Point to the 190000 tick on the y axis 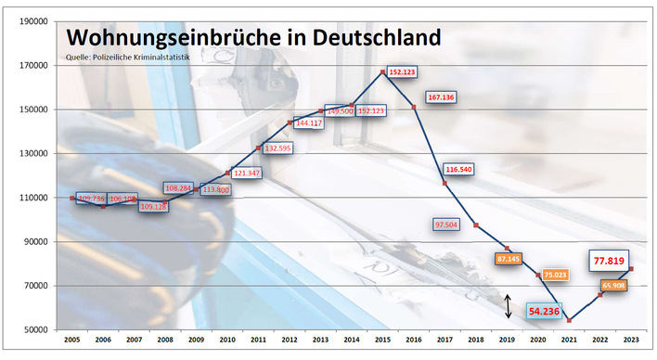coord(33,21)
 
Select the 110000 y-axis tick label coord(33,198)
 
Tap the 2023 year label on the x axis coord(632,341)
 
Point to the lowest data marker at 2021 coord(569,320)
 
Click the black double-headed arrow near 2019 coord(509,306)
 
